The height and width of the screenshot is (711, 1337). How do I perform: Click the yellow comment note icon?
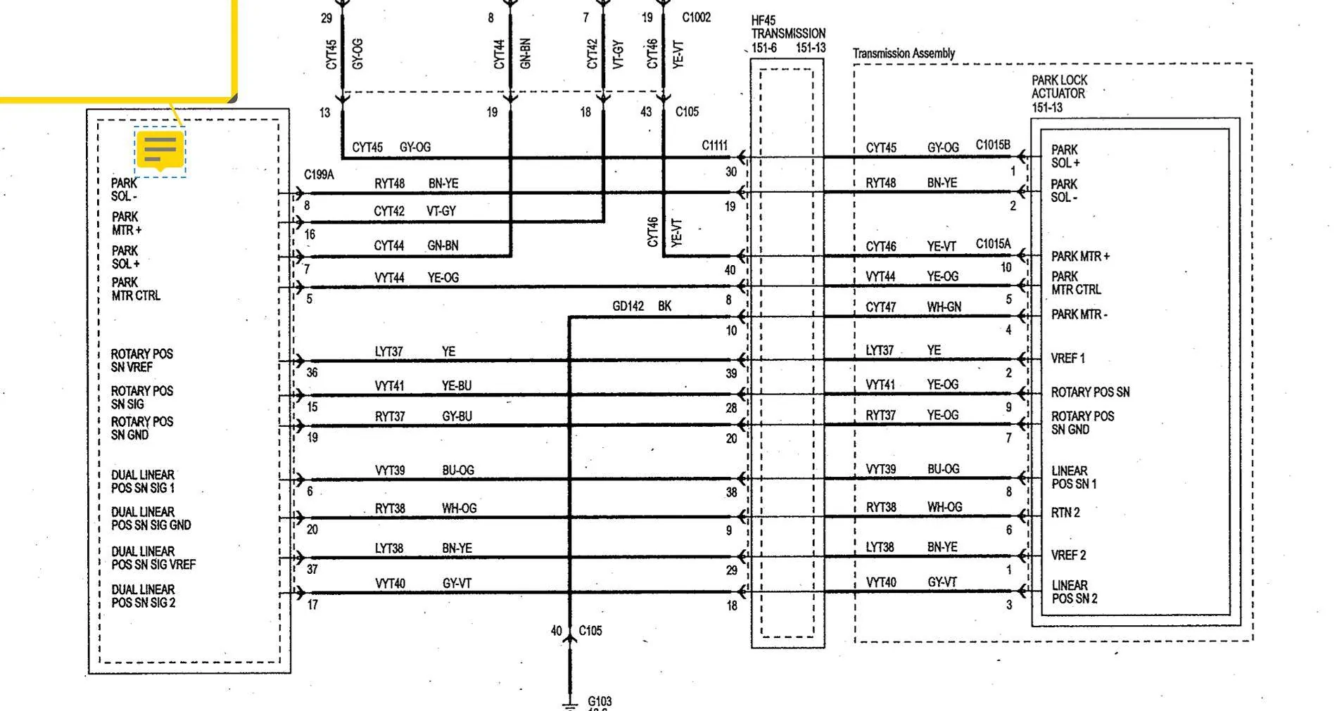click(x=160, y=150)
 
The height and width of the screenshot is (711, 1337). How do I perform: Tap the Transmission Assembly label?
click(x=904, y=53)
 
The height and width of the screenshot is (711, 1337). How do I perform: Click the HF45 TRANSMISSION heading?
click(x=788, y=27)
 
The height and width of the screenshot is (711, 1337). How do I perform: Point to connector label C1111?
click(x=714, y=146)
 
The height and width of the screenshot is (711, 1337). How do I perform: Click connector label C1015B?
click(x=993, y=145)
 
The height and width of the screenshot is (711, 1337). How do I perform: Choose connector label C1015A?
click(x=993, y=244)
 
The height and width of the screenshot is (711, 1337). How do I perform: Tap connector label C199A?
click(x=319, y=174)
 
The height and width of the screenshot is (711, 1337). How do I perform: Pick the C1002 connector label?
click(x=697, y=18)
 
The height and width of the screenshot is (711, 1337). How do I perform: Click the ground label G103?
click(x=600, y=701)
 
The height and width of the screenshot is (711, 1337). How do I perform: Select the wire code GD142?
click(x=628, y=306)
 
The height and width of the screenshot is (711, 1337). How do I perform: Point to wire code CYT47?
click(x=881, y=307)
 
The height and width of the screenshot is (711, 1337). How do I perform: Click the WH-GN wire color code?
click(x=944, y=307)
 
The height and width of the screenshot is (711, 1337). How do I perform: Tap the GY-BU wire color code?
click(x=457, y=416)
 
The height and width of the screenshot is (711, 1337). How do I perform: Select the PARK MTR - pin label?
click(x=1079, y=314)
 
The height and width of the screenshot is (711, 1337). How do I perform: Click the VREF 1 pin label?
click(x=1068, y=358)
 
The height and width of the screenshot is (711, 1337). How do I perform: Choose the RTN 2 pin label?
click(x=1065, y=513)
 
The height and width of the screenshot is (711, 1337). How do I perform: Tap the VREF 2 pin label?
click(x=1069, y=555)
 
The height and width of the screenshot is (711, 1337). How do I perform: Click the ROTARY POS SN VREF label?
click(x=141, y=360)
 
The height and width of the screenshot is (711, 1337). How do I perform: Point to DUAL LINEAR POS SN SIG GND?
click(x=151, y=518)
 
